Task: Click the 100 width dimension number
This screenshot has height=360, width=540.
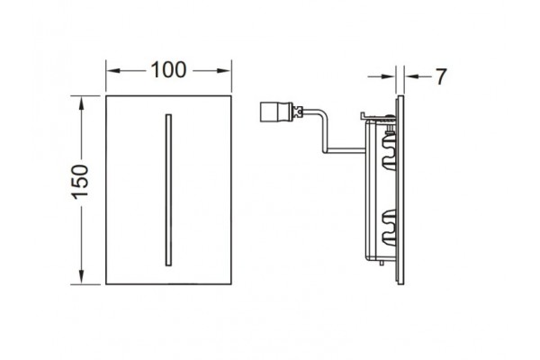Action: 169,70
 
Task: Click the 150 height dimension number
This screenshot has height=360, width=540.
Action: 80,182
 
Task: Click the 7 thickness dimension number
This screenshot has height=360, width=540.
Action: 441,76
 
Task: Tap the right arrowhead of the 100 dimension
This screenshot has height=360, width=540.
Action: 224,70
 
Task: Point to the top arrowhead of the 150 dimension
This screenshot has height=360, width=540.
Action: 81,103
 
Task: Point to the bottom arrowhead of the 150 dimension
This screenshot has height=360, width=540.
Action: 81,277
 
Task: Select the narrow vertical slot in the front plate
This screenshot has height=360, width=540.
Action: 168,190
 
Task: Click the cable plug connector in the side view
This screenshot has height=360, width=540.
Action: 275,112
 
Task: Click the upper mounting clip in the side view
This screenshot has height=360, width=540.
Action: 389,151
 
